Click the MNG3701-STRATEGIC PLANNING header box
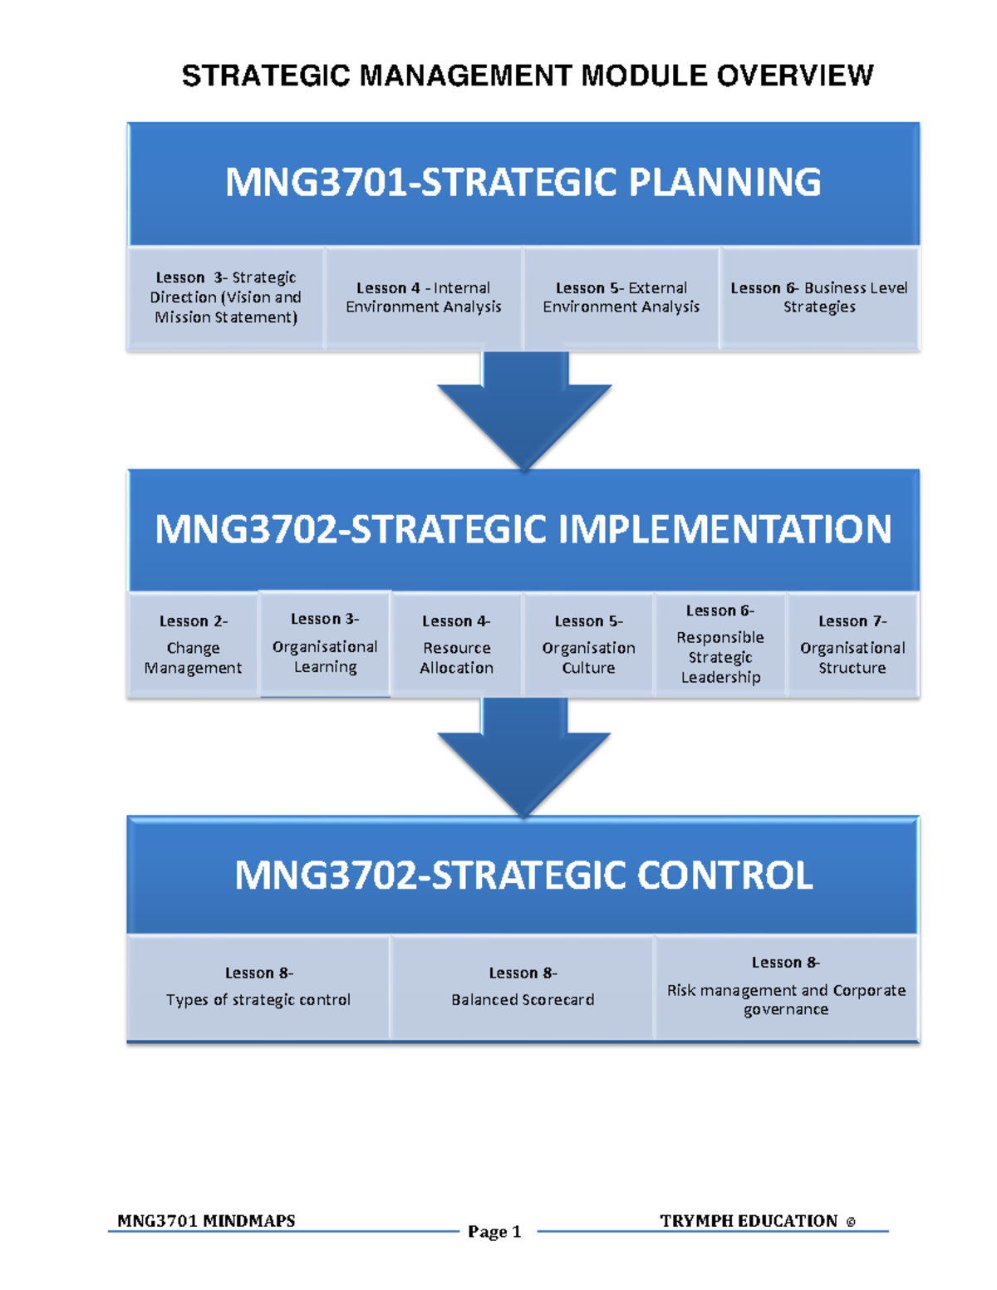coord(523,183)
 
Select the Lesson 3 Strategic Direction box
coord(225,297)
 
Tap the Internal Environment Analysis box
coord(424,297)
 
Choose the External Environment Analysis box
coord(621,297)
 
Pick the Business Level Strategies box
coord(819,297)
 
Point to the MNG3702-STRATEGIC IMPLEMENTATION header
coord(523,529)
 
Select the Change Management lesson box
coord(193,645)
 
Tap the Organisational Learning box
coord(325,644)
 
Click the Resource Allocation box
coord(456,645)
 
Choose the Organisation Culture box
coord(588,645)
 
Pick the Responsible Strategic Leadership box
coord(720,645)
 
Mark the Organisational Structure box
coord(852,645)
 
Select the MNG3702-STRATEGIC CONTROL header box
coord(523,876)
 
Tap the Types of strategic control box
coord(258,987)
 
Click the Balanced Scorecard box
coord(523,987)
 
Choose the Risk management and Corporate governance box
coord(786,987)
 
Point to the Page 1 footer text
coord(494,1232)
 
